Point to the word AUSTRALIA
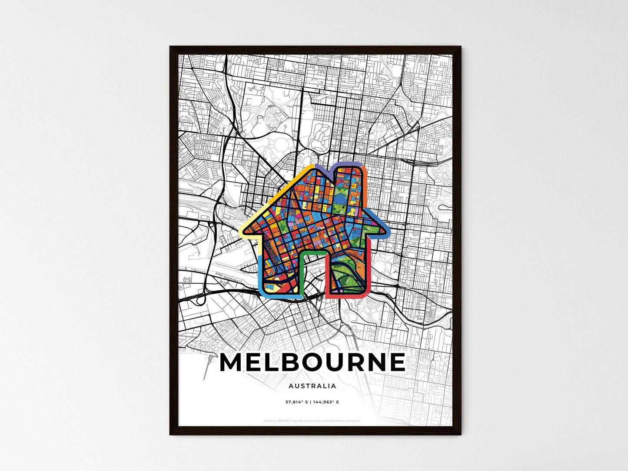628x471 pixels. click(x=312, y=386)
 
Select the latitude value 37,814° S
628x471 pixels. click(x=296, y=402)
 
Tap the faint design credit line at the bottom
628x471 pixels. click(x=312, y=421)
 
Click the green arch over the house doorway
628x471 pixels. click(x=313, y=253)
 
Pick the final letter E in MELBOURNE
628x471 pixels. click(x=396, y=362)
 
